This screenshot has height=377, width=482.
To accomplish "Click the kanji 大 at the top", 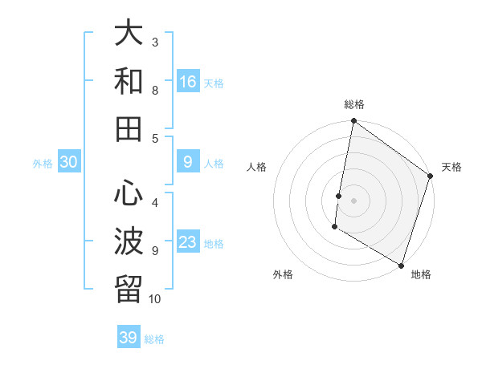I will (x=129, y=34).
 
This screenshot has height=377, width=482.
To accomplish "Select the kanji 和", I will (x=129, y=81).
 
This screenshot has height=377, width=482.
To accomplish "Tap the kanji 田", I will (x=129, y=128).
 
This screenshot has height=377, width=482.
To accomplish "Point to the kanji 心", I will (x=129, y=193).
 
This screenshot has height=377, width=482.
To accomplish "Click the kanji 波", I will (x=129, y=241).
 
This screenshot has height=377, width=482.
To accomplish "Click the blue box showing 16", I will (x=188, y=82).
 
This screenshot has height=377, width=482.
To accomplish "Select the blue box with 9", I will (x=188, y=162).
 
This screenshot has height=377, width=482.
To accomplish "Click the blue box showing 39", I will (x=129, y=338).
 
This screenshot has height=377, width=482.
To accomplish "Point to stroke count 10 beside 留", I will (x=155, y=299).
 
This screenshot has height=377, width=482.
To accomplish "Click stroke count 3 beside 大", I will (x=155, y=42).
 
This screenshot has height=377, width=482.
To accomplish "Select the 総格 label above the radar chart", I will (x=353, y=104).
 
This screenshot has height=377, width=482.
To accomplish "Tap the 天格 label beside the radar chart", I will (x=451, y=167).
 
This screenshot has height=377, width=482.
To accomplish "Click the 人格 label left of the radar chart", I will (x=257, y=167).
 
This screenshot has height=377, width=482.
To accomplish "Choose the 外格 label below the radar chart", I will (x=283, y=274).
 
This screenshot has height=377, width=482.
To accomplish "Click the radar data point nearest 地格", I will (x=401, y=265).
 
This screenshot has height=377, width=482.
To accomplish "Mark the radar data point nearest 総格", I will (x=353, y=122).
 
